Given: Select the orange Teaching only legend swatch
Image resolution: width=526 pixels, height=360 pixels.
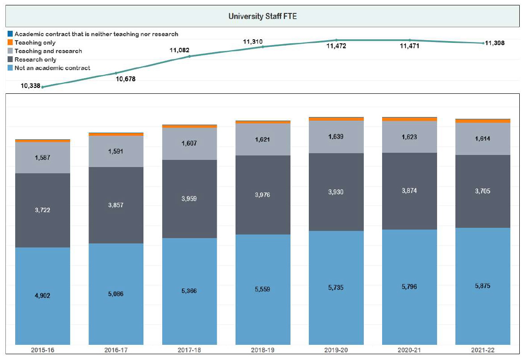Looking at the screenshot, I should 10,42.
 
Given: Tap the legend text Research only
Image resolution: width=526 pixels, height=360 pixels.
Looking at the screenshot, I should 35,59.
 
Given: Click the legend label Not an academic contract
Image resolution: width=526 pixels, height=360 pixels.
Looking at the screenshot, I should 52,68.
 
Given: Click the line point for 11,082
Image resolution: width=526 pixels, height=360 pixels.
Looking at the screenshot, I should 189,56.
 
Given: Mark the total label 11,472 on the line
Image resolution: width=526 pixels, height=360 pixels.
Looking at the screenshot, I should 336,46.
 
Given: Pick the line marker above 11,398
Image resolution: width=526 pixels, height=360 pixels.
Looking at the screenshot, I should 483,43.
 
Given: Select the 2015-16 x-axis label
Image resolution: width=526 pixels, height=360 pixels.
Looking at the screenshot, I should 42,351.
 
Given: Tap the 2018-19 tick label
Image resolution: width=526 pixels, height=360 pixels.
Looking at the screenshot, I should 263,351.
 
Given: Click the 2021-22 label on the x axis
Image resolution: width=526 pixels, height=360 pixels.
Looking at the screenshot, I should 483,351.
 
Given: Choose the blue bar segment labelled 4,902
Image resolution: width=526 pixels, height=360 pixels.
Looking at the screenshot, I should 42,296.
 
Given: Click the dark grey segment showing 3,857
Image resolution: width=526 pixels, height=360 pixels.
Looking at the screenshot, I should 116,205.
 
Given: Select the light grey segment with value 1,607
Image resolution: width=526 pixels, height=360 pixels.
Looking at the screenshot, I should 189,144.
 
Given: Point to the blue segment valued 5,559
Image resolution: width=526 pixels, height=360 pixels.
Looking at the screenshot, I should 263,289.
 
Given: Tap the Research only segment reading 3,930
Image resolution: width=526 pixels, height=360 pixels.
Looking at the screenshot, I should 336,192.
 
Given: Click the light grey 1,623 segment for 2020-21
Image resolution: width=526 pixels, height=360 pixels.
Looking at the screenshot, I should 409,137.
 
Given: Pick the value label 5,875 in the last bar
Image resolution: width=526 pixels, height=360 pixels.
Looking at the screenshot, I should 483,286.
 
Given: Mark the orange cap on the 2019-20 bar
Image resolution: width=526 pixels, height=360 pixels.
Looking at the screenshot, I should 336,119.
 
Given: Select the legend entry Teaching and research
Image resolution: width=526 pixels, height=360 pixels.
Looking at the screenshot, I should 48,51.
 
